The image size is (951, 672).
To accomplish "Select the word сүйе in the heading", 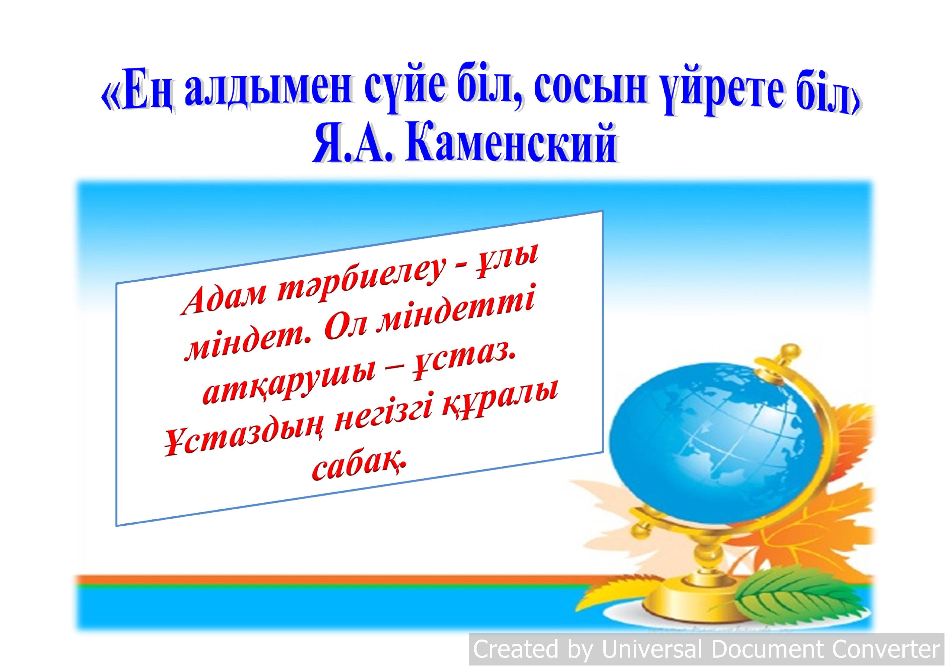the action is [404, 87].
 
